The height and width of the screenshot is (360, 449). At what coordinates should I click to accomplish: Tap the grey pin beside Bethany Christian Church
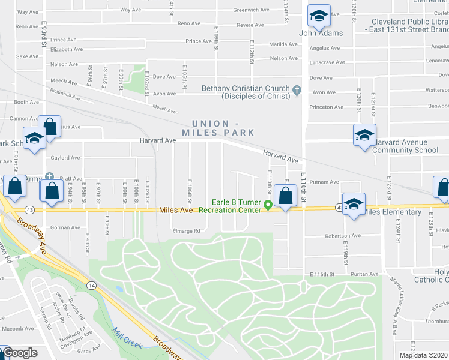coord(297,91)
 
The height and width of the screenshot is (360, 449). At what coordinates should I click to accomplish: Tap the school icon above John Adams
coord(319,16)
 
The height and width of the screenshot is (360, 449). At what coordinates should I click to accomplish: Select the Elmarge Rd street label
coord(185,230)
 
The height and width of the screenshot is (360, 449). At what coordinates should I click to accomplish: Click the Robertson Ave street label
coord(343,236)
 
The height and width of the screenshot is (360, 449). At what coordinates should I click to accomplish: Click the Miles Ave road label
coord(176,210)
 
